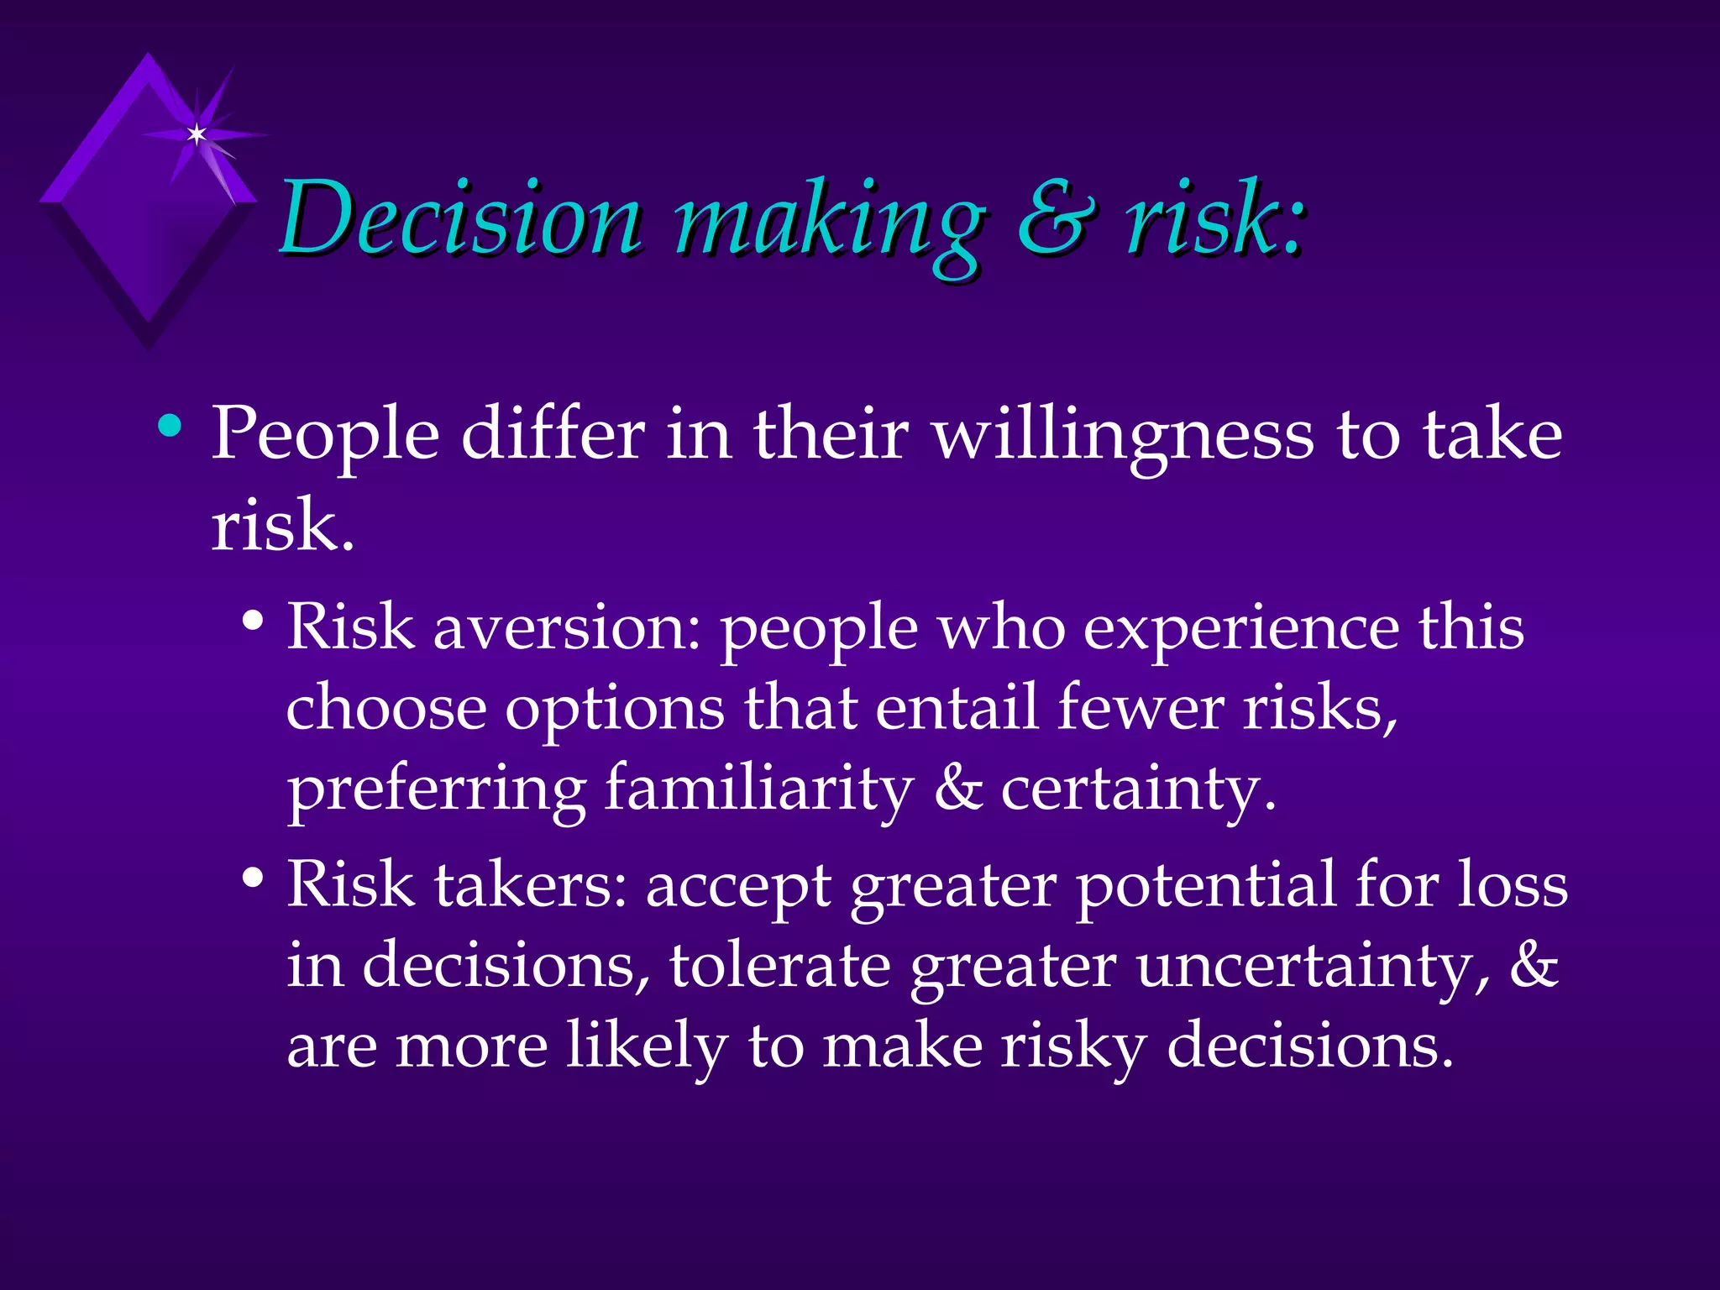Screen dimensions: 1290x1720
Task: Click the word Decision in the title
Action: tap(460, 220)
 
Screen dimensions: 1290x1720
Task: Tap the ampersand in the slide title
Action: tap(1056, 220)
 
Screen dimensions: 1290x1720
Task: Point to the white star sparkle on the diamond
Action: tap(197, 134)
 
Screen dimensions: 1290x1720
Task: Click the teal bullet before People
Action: tap(170, 426)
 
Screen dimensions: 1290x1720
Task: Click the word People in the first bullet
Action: tap(325, 437)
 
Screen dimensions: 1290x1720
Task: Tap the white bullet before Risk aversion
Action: tap(252, 622)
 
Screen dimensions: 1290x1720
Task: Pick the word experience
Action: tap(1241, 630)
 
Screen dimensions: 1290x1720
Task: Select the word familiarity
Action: tap(758, 789)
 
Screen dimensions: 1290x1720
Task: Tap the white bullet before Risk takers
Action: tap(252, 879)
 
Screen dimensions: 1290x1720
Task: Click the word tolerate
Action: tap(779, 966)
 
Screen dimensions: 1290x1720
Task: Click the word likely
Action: tap(647, 1047)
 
